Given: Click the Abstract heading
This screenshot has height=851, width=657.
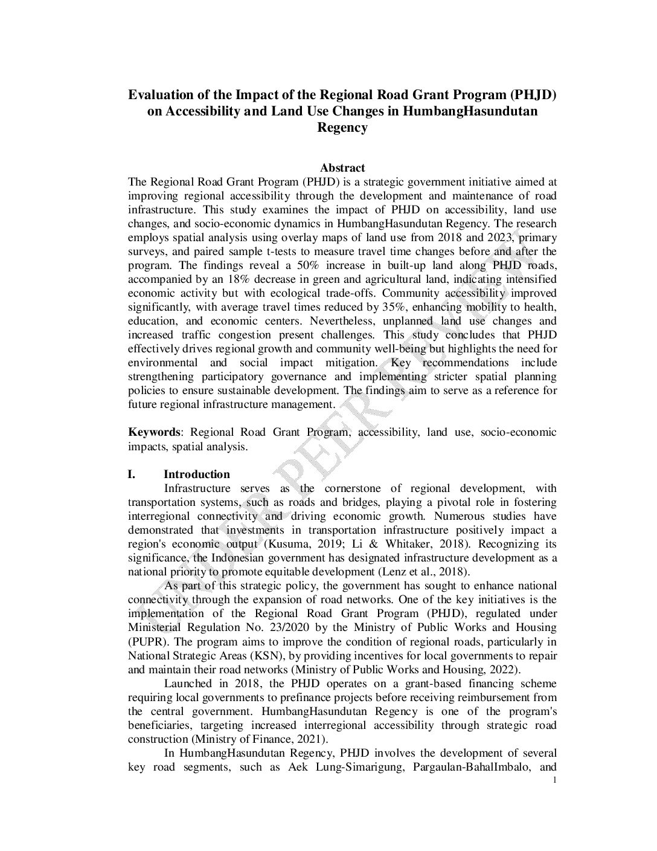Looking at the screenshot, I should (x=342, y=168).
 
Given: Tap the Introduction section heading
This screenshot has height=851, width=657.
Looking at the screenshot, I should (x=196, y=474).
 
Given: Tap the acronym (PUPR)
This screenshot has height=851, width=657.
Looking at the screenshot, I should (x=145, y=641).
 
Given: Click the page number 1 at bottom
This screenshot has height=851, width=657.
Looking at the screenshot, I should (x=554, y=781).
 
